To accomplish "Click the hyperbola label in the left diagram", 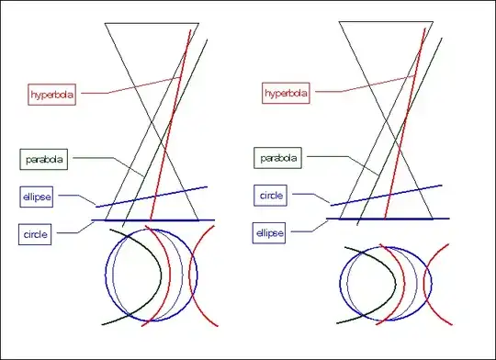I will pyautogui.click(x=51, y=94).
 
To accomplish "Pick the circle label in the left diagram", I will pyautogui.click(x=38, y=234).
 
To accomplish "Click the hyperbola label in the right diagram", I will pyautogui.click(x=286, y=94).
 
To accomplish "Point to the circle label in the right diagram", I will pyautogui.click(x=272, y=196).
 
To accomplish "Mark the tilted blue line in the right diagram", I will pyautogui.click(x=386, y=195).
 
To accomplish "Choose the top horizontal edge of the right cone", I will pyautogui.click(x=386, y=21).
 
